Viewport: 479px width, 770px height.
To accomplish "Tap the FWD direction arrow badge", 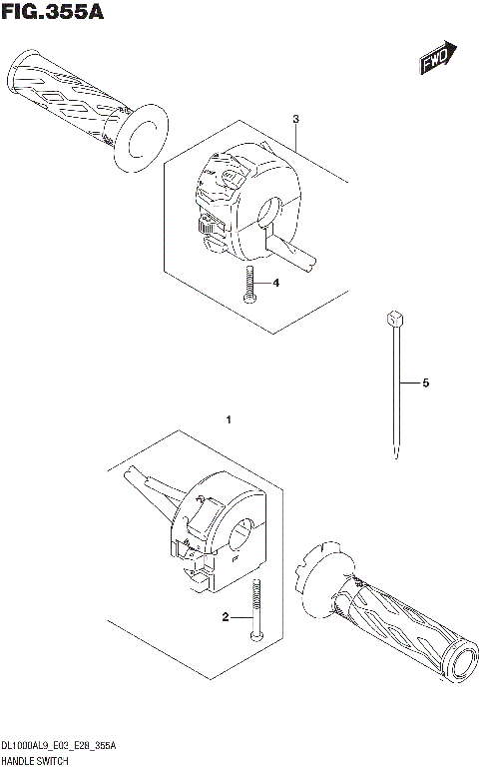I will tap(438, 59).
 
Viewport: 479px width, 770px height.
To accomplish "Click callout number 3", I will tap(295, 120).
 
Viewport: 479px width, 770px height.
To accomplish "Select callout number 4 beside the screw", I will tap(276, 284).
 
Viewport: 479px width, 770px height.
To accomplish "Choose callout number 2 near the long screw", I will tap(226, 618).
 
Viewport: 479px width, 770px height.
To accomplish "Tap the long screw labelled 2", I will tap(257, 611).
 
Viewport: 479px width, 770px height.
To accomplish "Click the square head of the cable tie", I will tap(395, 318).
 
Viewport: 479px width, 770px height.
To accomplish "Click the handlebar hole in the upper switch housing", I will tap(270, 210).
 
